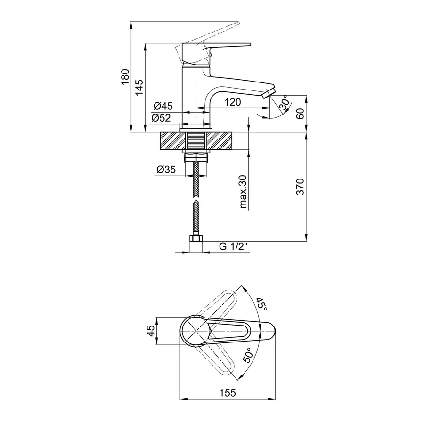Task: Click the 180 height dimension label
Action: coord(125,76)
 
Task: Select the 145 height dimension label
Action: coord(139,87)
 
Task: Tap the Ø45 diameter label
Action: coord(163,106)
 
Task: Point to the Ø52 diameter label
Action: coord(161,118)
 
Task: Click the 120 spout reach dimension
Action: coord(233,102)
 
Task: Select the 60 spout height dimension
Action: coord(300,114)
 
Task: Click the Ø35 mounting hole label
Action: coord(166,170)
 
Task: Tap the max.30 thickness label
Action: coord(243,191)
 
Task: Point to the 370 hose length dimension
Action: coord(300,187)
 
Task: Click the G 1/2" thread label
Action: coord(233,246)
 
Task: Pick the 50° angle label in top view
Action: coord(247,355)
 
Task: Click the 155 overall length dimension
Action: coord(228,392)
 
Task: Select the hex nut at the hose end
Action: coord(196,239)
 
